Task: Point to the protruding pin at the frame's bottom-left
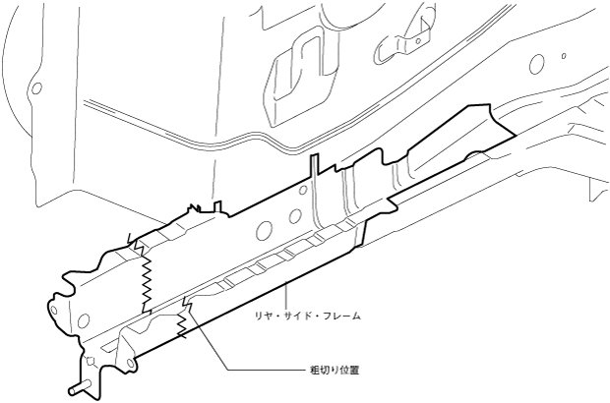coord(76,388)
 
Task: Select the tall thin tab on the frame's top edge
coord(313,168)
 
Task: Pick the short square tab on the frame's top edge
coord(216,208)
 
